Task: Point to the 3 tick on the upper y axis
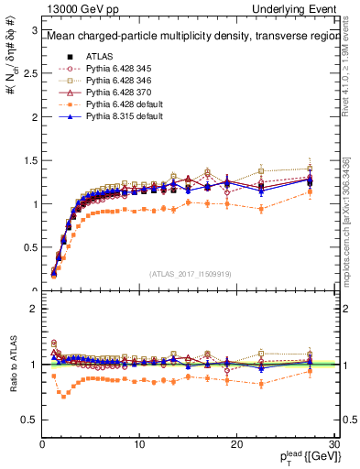pos(34,30)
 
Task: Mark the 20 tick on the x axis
pos(237,443)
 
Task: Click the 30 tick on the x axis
pos(334,443)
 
